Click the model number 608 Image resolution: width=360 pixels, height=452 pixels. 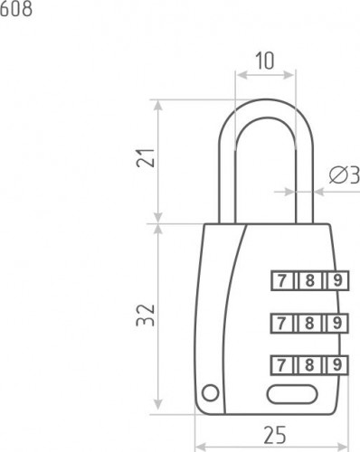tap(16, 9)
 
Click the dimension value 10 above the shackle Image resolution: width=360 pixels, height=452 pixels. tap(265, 61)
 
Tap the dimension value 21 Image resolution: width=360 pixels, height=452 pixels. tap(146, 158)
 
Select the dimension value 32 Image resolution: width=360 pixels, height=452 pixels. tap(146, 315)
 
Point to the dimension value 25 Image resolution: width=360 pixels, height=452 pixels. tap(275, 435)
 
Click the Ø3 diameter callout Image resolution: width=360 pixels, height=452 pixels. tap(345, 175)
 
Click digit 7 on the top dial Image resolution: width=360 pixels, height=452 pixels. tap(281, 281)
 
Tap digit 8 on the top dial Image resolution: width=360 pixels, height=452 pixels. tap(309, 281)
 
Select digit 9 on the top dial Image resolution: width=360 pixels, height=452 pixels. tap(337, 281)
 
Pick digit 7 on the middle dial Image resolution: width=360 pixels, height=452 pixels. tap(281, 323)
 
